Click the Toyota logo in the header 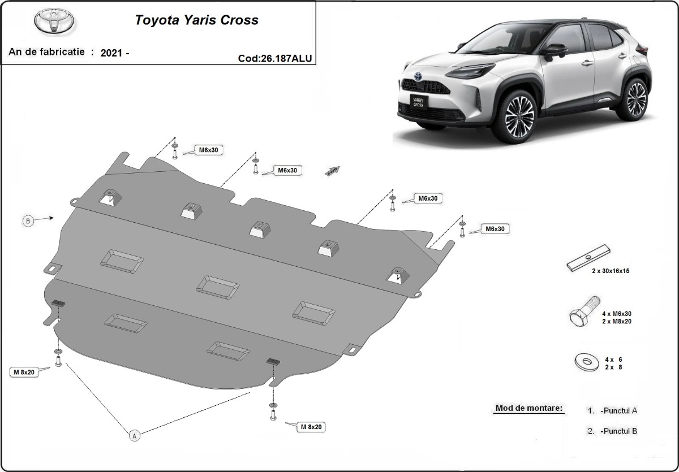click(x=55, y=22)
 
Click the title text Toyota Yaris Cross click(x=196, y=20)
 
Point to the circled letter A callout click(x=135, y=435)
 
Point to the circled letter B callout click(x=28, y=220)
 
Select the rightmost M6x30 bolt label click(x=494, y=229)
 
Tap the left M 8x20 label click(x=25, y=371)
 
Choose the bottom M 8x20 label click(x=311, y=427)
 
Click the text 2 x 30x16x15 click(x=610, y=271)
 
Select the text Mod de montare click(x=529, y=408)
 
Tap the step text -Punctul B click(x=619, y=431)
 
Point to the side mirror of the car click(x=553, y=51)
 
